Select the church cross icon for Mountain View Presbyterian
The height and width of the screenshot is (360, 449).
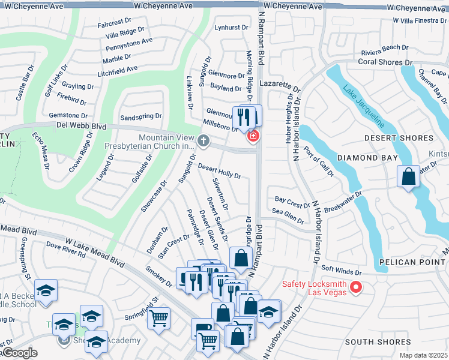click(x=203, y=141)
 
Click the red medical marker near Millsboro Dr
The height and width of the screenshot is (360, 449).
click(x=253, y=136)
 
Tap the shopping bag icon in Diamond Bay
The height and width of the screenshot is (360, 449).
click(x=408, y=177)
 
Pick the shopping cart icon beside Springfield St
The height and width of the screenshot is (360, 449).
click(x=159, y=318)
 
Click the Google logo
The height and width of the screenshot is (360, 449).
click(x=19, y=353)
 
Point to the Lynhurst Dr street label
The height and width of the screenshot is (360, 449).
click(x=231, y=28)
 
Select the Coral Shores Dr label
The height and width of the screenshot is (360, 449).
click(x=385, y=62)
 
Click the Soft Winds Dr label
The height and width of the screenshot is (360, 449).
click(x=342, y=269)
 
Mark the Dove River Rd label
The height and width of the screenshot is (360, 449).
click(x=67, y=251)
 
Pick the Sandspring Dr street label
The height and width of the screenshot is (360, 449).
click(x=141, y=116)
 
